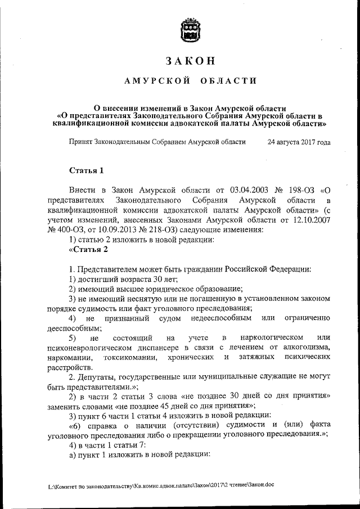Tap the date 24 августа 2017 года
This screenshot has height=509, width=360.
[299, 143]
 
